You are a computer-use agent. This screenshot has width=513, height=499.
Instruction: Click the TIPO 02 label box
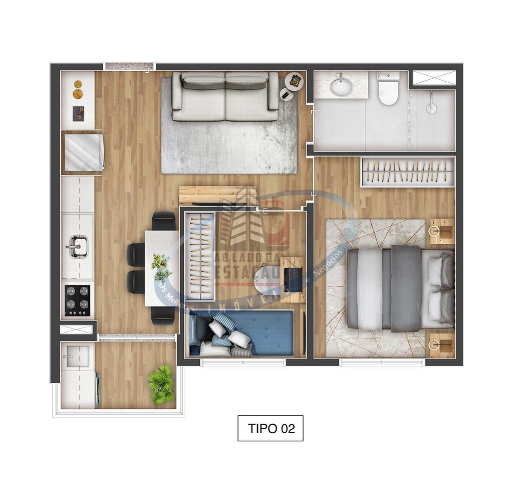[x=270, y=428]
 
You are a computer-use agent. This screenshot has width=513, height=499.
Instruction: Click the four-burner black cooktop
[x=78, y=300]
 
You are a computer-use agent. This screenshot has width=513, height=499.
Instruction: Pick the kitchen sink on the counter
[x=77, y=247]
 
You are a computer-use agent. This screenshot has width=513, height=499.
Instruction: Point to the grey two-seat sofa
[x=225, y=96]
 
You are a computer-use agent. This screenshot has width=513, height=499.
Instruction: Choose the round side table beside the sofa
[x=295, y=81]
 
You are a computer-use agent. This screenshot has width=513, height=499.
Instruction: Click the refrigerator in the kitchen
[x=82, y=150]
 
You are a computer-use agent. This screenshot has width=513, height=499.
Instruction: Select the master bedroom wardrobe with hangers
[x=407, y=172]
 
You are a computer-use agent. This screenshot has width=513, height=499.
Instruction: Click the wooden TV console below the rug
[x=217, y=196]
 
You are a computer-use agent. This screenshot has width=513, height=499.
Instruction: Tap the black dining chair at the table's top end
[x=164, y=221]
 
